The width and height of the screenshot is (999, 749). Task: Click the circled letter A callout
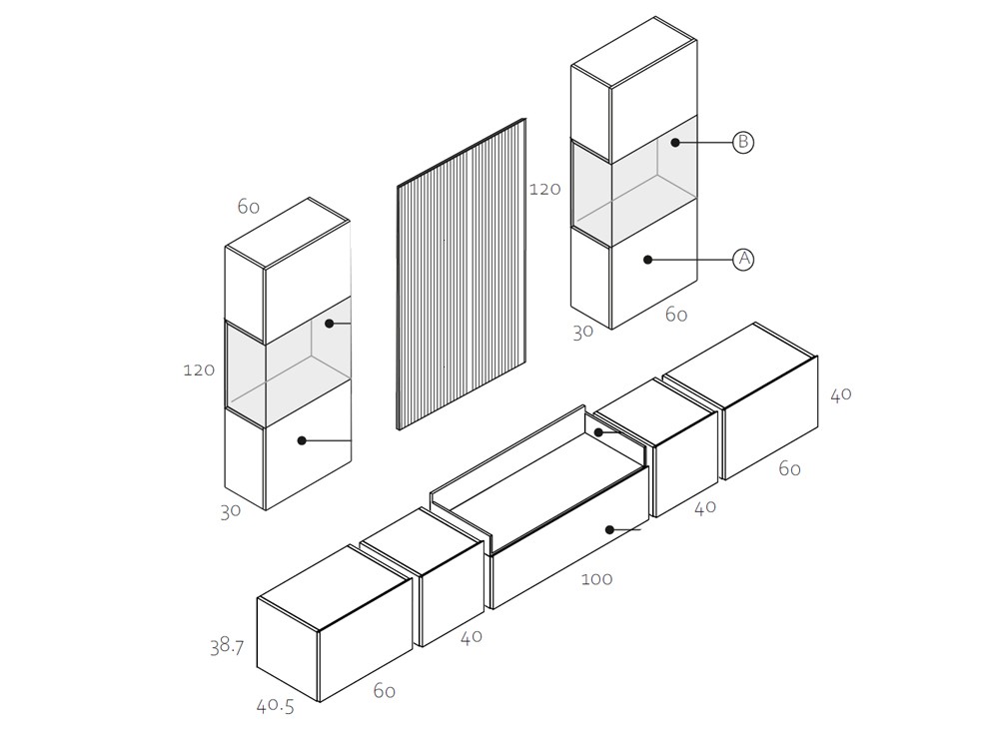[743, 260]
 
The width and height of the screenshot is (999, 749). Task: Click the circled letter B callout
[743, 142]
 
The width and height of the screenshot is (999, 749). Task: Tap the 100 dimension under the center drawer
[597, 579]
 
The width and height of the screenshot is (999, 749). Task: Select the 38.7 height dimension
[227, 647]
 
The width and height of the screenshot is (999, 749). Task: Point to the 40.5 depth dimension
[276, 706]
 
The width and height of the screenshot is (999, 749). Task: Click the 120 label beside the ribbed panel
[544, 189]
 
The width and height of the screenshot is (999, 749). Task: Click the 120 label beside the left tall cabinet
[199, 371]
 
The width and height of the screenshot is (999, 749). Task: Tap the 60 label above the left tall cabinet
[249, 207]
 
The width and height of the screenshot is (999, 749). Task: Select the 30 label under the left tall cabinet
[231, 511]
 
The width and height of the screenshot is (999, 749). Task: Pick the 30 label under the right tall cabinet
[583, 332]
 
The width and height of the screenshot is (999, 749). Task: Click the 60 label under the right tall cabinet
[676, 315]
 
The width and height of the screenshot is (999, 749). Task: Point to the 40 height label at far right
[841, 394]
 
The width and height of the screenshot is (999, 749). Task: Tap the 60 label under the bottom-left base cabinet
[385, 691]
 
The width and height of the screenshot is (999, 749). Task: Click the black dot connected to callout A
[648, 260]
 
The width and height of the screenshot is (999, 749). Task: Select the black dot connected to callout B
[675, 143]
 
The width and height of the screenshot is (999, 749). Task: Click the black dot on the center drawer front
[609, 530]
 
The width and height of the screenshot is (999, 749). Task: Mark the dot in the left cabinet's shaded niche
[330, 324]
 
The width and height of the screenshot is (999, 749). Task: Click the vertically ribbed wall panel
[462, 274]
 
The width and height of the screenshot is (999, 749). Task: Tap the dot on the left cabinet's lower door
[302, 440]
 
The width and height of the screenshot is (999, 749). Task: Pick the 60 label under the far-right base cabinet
[789, 469]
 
